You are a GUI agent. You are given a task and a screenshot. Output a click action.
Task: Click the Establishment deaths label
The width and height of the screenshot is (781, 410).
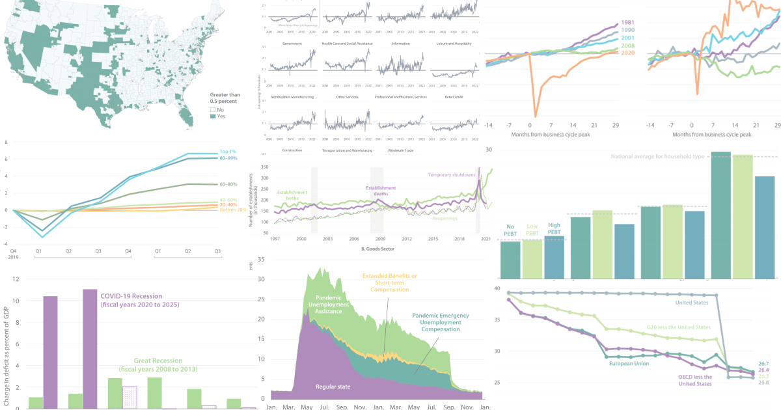tap(381, 192)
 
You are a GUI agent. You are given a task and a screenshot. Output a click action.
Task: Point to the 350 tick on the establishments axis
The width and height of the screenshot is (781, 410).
tap(264, 167)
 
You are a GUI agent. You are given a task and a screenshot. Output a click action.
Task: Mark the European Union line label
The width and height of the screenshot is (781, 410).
tap(627, 363)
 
